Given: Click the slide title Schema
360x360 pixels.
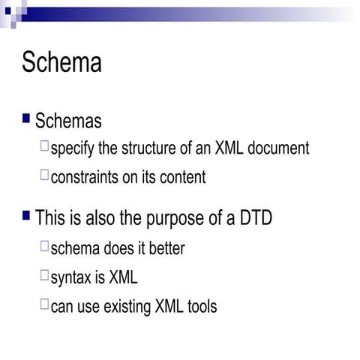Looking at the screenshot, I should [61, 61].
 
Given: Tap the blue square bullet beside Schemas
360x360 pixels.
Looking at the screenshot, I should [27, 118].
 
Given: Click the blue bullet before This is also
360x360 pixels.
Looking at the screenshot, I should [27, 216].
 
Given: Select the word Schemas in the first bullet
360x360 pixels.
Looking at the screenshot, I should [68, 121].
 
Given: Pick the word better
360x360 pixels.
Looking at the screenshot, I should [163, 247].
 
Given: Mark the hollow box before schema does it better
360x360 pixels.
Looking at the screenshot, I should [45, 245].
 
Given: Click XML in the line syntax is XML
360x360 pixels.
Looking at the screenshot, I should [124, 277].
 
